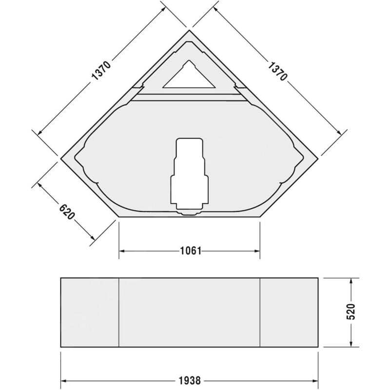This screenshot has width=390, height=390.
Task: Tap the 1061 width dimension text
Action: [190, 251]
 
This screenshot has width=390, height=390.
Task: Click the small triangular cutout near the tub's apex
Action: [190, 77]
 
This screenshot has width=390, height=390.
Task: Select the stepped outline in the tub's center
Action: [190, 175]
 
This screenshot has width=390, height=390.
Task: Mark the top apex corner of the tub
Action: [190, 30]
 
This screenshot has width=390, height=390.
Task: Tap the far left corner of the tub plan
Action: [61, 158]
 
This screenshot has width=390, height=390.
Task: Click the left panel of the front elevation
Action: [90, 312]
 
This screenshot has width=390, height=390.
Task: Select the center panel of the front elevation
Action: [190, 312]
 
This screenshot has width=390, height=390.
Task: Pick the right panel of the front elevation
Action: [289, 312]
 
